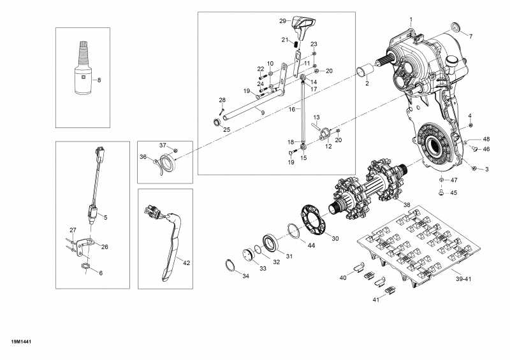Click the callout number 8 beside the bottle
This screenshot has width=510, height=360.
99,80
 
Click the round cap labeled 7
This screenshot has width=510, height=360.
456,27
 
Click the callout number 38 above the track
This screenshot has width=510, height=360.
407,205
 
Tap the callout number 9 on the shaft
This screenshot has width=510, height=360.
262,112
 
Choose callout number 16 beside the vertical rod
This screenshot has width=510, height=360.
292,109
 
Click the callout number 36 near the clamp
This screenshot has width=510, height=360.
143,157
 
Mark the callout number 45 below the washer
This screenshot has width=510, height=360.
454,192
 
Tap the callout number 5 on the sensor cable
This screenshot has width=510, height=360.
105,217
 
